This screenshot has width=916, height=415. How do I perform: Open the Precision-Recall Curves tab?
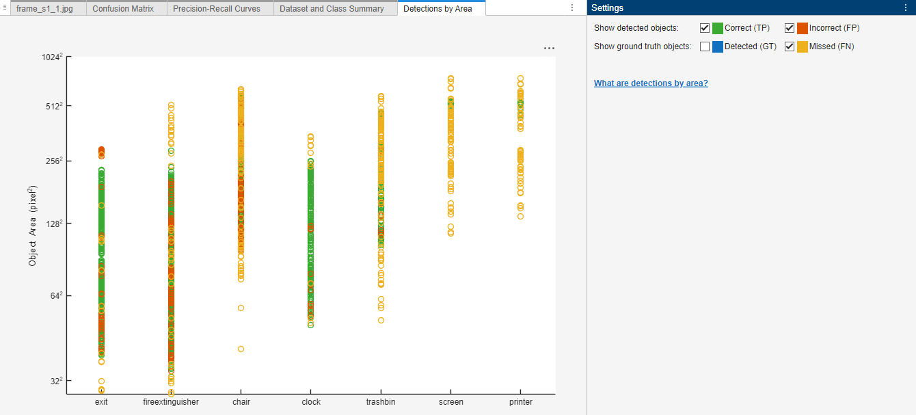[217, 9]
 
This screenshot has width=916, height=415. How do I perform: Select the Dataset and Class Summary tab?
[332, 9]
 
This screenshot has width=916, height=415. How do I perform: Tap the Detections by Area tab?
[437, 9]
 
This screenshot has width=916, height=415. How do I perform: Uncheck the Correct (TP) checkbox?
[705, 28]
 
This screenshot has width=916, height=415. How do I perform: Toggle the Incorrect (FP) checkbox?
[790, 28]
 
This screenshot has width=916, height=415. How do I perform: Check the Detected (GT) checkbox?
[705, 46]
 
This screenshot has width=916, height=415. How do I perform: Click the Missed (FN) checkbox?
[790, 46]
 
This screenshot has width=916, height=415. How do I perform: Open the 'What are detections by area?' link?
[651, 83]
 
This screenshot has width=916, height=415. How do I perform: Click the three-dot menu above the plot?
[549, 49]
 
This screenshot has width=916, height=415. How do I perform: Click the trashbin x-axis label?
[381, 402]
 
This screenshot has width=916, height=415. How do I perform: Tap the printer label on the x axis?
[521, 402]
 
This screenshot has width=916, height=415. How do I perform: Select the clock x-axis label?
[311, 402]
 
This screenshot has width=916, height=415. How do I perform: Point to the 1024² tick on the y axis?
[51, 57]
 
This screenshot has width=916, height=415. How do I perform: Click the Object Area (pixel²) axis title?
[33, 226]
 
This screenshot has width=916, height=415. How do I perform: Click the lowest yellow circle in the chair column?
[241, 349]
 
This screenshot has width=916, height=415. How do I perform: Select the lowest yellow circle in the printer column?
[521, 216]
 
